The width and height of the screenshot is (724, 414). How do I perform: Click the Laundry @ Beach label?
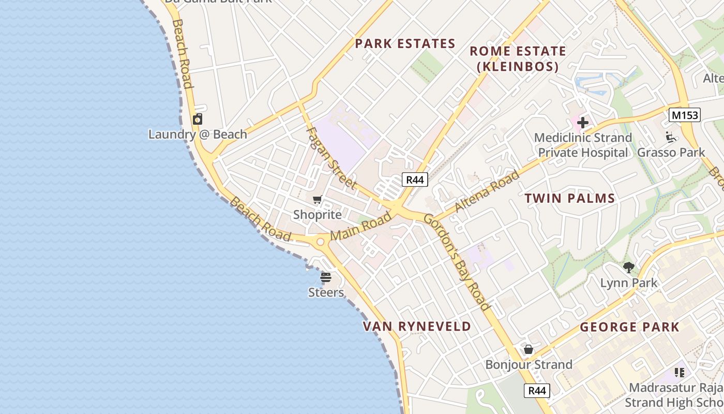(198, 135)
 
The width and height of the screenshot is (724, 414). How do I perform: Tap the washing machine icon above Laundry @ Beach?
(198, 120)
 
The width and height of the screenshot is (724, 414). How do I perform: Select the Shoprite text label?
(318, 215)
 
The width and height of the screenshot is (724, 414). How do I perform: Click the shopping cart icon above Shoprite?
(318, 200)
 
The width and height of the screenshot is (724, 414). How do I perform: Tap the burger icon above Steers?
(326, 277)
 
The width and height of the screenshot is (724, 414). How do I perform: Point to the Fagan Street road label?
(331, 158)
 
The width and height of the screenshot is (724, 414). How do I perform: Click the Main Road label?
(361, 226)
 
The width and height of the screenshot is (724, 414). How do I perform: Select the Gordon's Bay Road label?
(457, 262)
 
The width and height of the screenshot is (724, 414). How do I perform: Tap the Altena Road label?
(487, 191)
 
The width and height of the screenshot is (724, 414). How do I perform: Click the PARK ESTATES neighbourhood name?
(405, 44)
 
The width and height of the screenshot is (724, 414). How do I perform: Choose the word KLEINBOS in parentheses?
(517, 67)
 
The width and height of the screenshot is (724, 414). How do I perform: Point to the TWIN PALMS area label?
(570, 198)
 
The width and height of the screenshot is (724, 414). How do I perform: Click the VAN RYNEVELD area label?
(417, 327)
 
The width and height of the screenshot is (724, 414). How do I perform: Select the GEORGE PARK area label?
(629, 327)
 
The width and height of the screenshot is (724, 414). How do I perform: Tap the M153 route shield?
(684, 115)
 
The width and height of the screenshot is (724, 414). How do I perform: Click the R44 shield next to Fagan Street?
(415, 180)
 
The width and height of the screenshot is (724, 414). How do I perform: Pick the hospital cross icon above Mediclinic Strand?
(583, 123)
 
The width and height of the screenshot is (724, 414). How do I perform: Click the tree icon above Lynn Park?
(629, 268)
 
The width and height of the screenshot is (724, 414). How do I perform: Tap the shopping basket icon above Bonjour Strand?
(529, 349)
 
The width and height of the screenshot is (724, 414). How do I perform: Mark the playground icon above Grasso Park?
(671, 137)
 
